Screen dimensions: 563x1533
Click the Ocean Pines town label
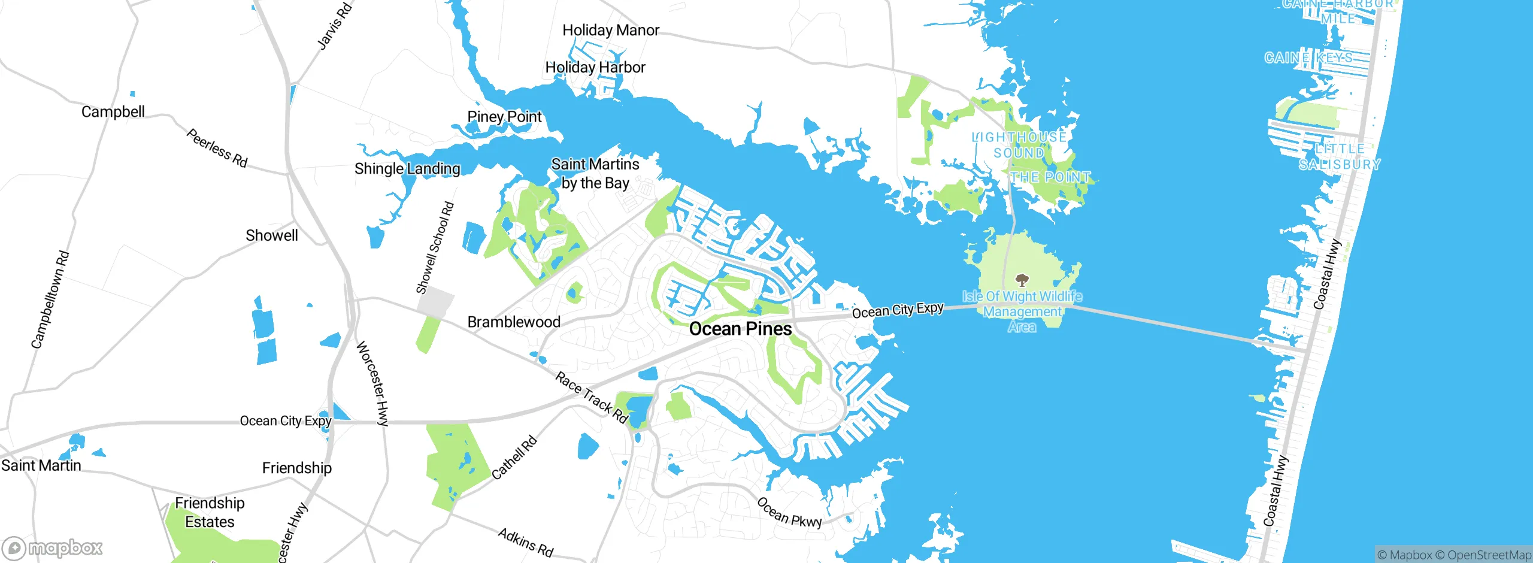[740, 329]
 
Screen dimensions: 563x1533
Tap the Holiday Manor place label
[610, 30]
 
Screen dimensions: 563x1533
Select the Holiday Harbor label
[595, 67]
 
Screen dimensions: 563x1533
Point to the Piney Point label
[504, 117]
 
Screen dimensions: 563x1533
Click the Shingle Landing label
[407, 169]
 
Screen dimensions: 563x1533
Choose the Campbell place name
[113, 112]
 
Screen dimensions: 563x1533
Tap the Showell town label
[271, 235]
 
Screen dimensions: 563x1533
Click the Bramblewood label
[514, 322]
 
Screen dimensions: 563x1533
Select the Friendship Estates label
[210, 512]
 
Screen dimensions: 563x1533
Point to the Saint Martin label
[41, 465]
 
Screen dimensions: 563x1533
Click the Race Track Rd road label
[591, 397]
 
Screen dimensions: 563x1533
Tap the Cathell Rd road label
[514, 458]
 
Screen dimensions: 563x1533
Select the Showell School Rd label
[435, 248]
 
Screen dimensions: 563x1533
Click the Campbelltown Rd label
[50, 299]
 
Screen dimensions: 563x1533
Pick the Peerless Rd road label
[217, 148]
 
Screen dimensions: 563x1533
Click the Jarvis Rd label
[334, 25]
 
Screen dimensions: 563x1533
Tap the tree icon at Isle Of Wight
[1022, 280]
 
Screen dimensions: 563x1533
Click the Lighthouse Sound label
[1019, 145]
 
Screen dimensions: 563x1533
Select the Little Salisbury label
[1340, 156]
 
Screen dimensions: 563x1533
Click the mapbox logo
[53, 547]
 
